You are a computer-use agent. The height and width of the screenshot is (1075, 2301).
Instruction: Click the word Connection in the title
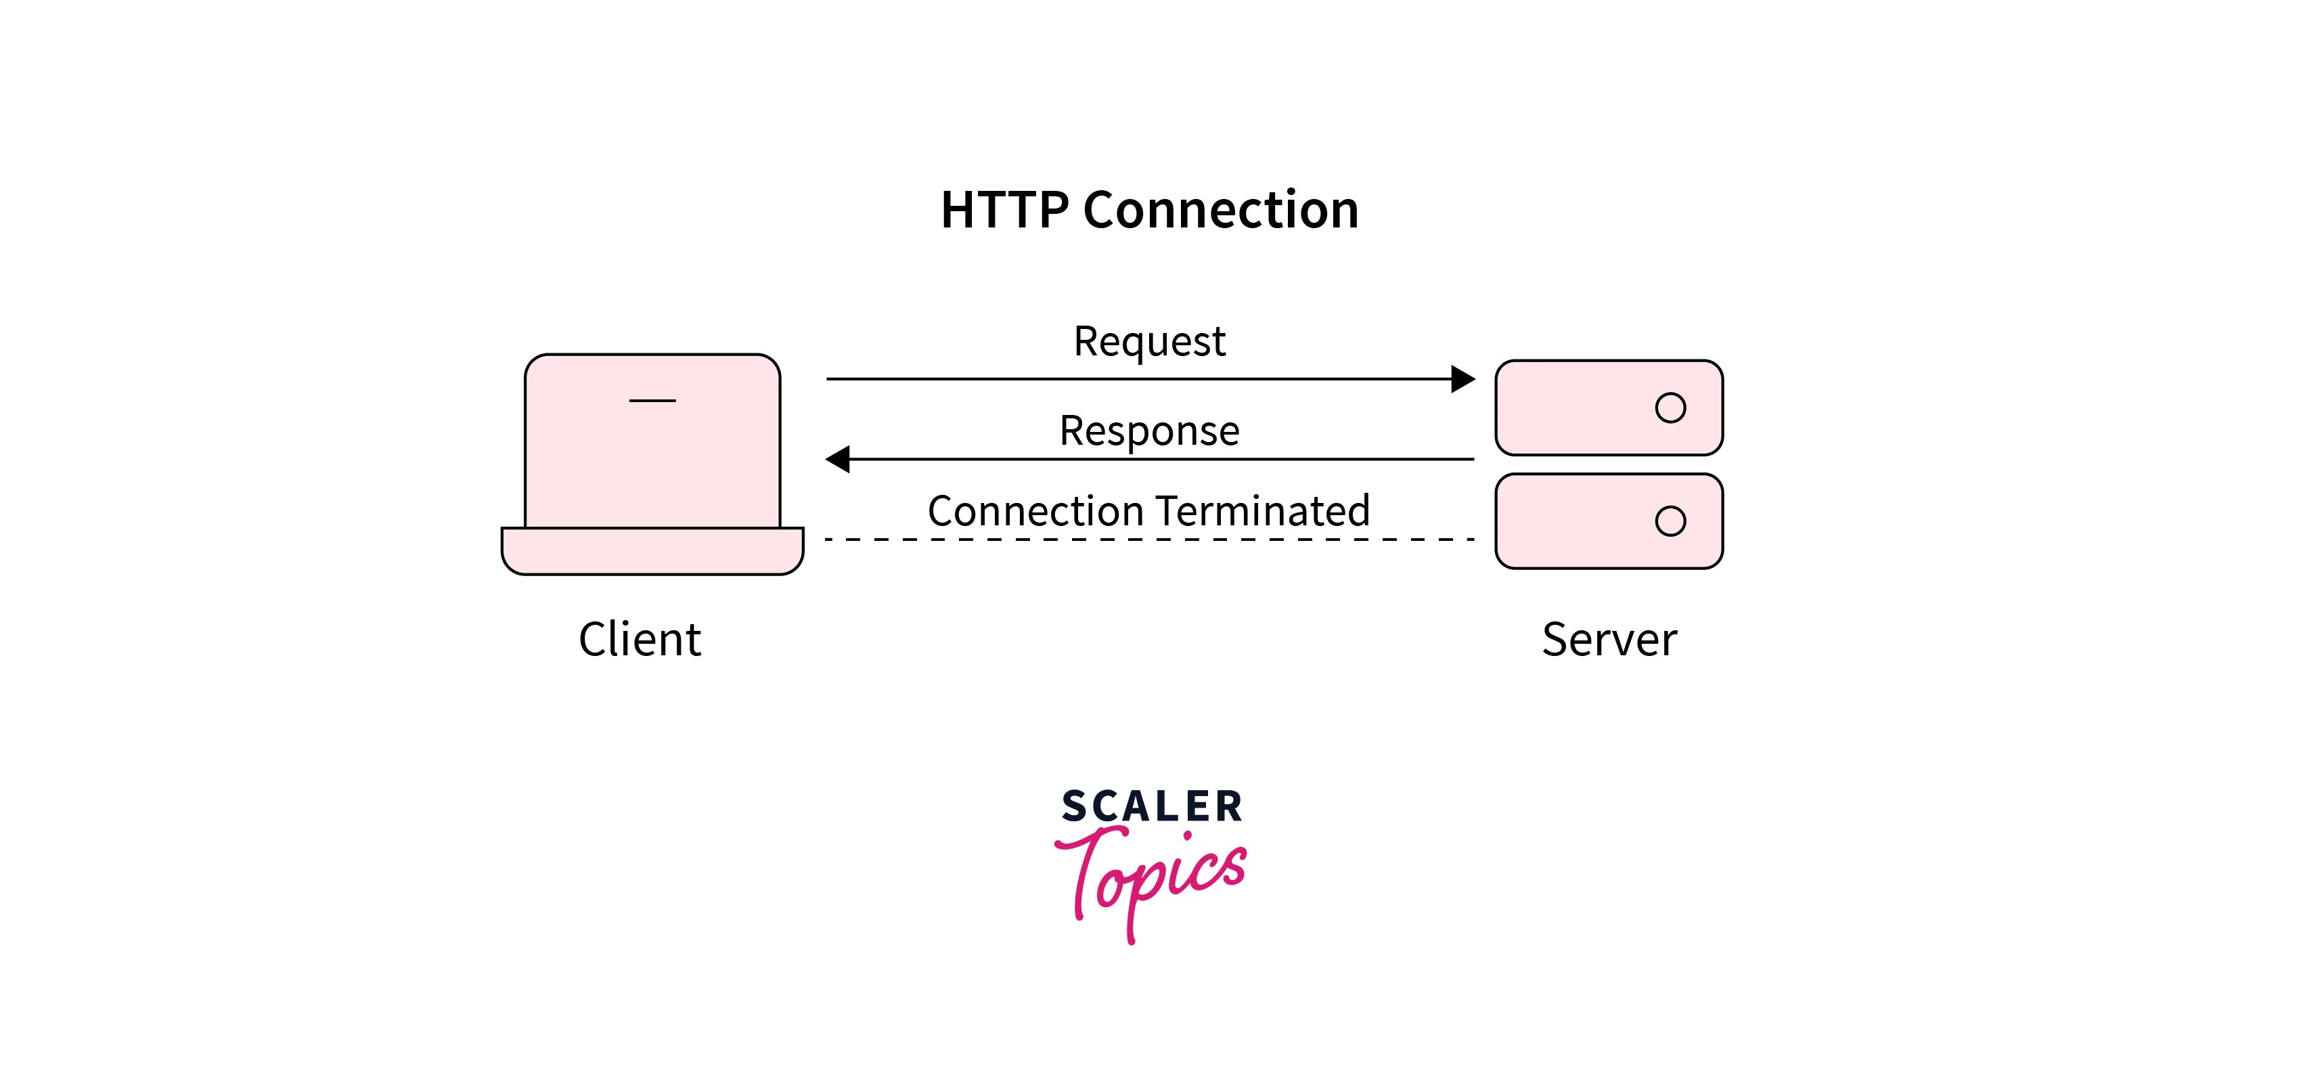(x=1220, y=211)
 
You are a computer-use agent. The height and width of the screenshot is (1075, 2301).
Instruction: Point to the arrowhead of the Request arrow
(x=1462, y=379)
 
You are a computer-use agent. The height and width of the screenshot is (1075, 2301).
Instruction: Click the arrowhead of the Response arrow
(x=838, y=459)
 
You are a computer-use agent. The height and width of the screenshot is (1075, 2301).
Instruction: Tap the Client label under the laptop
(x=640, y=640)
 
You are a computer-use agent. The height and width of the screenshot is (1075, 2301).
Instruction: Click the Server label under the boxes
(x=1609, y=640)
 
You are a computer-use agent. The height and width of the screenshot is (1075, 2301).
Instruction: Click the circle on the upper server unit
(x=1670, y=408)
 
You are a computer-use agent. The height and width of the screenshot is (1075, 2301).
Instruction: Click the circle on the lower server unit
(x=1670, y=521)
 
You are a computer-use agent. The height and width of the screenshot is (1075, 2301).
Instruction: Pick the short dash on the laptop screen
(x=652, y=400)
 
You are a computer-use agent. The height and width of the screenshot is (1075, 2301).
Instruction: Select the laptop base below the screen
(x=652, y=551)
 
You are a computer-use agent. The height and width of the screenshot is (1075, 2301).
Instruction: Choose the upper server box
(x=1572, y=408)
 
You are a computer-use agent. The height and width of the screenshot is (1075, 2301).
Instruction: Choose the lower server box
(x=1572, y=522)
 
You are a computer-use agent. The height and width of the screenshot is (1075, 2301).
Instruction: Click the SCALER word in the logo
(x=1151, y=807)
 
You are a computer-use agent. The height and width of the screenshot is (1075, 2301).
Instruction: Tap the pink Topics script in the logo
(x=1153, y=880)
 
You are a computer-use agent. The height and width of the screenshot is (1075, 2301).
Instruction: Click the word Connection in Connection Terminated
(x=1035, y=511)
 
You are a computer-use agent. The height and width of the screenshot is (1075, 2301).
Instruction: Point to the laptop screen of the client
(x=652, y=464)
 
